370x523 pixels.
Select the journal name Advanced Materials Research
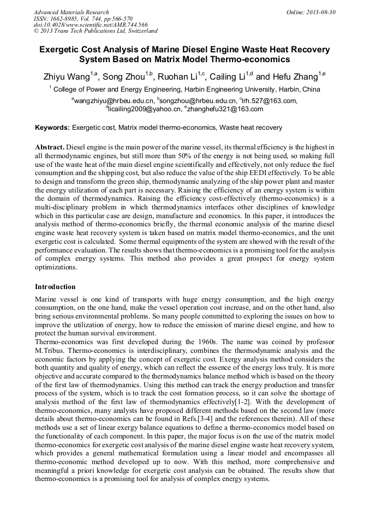tap(71, 12)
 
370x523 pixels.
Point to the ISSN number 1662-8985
tap(69, 19)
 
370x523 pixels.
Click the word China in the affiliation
tap(311, 89)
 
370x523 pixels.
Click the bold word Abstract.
tap(50, 148)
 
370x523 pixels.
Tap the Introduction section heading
tap(55, 287)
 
